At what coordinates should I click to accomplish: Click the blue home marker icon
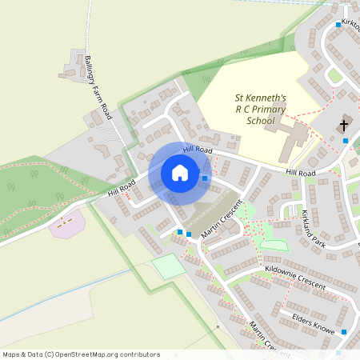pos(180,172)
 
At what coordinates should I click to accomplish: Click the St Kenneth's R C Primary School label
pos(249,109)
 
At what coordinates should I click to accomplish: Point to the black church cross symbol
pos(345,126)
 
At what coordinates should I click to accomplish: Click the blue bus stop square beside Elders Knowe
pos(344,331)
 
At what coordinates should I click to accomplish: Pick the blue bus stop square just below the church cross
pos(346,141)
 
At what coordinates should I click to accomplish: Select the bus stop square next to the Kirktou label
pos(338,25)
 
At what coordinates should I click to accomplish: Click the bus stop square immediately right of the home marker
pos(206,178)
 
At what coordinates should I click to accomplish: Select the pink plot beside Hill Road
pos(66,223)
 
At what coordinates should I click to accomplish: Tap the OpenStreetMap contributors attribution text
pos(80,354)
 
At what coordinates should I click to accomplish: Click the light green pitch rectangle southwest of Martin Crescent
pos(169,266)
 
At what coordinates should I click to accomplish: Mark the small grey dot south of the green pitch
pos(217,326)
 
